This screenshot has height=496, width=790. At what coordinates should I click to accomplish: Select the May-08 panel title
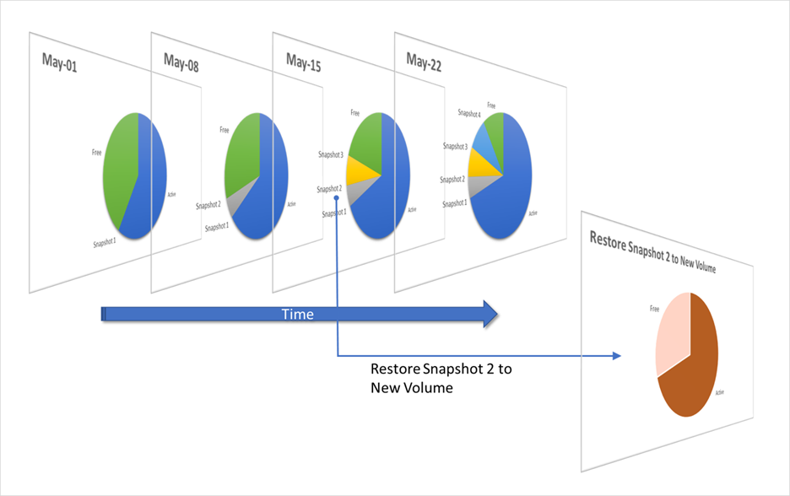pyautogui.click(x=181, y=62)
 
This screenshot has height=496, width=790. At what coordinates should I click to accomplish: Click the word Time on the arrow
pyautogui.click(x=297, y=315)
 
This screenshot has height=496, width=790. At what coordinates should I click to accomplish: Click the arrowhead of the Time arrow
pyautogui.click(x=488, y=315)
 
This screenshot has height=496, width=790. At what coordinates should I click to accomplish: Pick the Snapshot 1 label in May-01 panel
pyautogui.click(x=105, y=244)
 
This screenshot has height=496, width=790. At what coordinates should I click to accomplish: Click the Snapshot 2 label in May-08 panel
pyautogui.click(x=208, y=205)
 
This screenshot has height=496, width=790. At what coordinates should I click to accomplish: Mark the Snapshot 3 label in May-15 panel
pyautogui.click(x=330, y=154)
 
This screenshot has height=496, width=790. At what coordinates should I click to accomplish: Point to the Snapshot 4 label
pyautogui.click(x=469, y=113)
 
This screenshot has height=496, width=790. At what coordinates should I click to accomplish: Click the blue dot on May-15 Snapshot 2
pyautogui.click(x=336, y=198)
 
